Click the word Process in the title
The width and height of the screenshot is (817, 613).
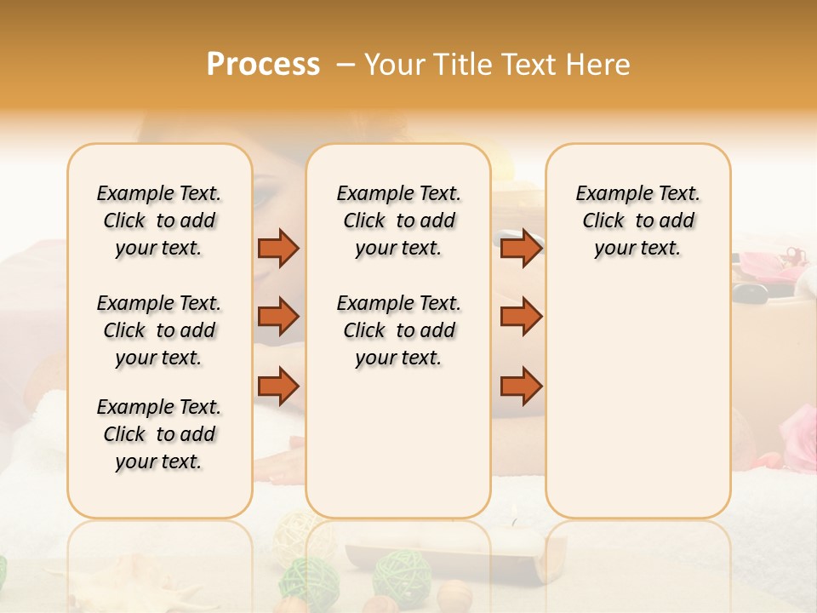263,65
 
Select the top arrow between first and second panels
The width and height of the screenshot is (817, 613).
278,248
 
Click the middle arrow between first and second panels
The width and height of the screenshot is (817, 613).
278,317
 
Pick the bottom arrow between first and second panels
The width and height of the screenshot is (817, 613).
278,386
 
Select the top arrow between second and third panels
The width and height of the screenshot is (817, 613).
521,248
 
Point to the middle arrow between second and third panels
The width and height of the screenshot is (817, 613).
521,317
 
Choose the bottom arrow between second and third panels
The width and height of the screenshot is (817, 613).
521,386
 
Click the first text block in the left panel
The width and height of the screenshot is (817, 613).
159,221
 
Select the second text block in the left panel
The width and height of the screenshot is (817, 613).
159,330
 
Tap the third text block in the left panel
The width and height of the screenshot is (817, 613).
159,434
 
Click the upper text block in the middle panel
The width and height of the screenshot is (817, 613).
398,221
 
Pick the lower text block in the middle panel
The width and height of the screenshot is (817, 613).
398,330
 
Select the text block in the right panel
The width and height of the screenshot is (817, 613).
637,221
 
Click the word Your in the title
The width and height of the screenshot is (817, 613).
393,65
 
